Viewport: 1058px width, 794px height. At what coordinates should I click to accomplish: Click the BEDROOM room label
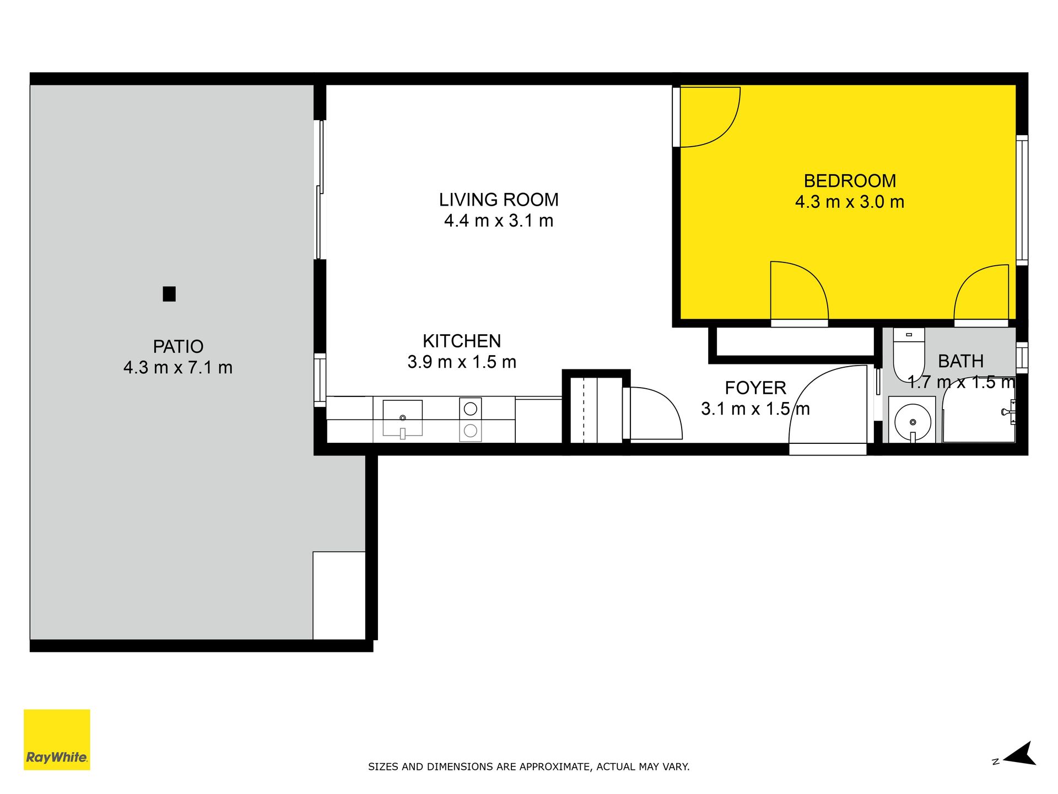[850, 181]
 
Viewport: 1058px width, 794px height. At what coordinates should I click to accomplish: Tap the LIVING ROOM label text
[499, 200]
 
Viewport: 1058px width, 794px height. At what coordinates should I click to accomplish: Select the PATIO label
[178, 346]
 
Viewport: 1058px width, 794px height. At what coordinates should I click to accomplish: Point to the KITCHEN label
[462, 341]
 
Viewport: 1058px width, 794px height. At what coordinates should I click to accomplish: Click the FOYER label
[755, 388]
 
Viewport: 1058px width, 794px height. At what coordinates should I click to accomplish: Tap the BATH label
[961, 361]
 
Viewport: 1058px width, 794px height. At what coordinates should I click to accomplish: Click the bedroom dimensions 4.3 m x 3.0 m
[850, 202]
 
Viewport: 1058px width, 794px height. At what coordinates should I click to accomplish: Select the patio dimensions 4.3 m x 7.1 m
[178, 367]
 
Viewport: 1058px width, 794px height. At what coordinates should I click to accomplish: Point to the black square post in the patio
[169, 294]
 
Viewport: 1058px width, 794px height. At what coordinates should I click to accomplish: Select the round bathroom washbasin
[913, 422]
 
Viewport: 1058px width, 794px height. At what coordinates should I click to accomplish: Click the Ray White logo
[57, 739]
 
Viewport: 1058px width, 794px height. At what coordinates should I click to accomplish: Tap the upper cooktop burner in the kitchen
[470, 409]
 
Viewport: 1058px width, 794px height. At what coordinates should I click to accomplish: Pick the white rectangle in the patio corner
[339, 595]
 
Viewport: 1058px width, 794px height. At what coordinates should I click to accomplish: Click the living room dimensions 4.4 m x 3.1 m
[499, 221]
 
